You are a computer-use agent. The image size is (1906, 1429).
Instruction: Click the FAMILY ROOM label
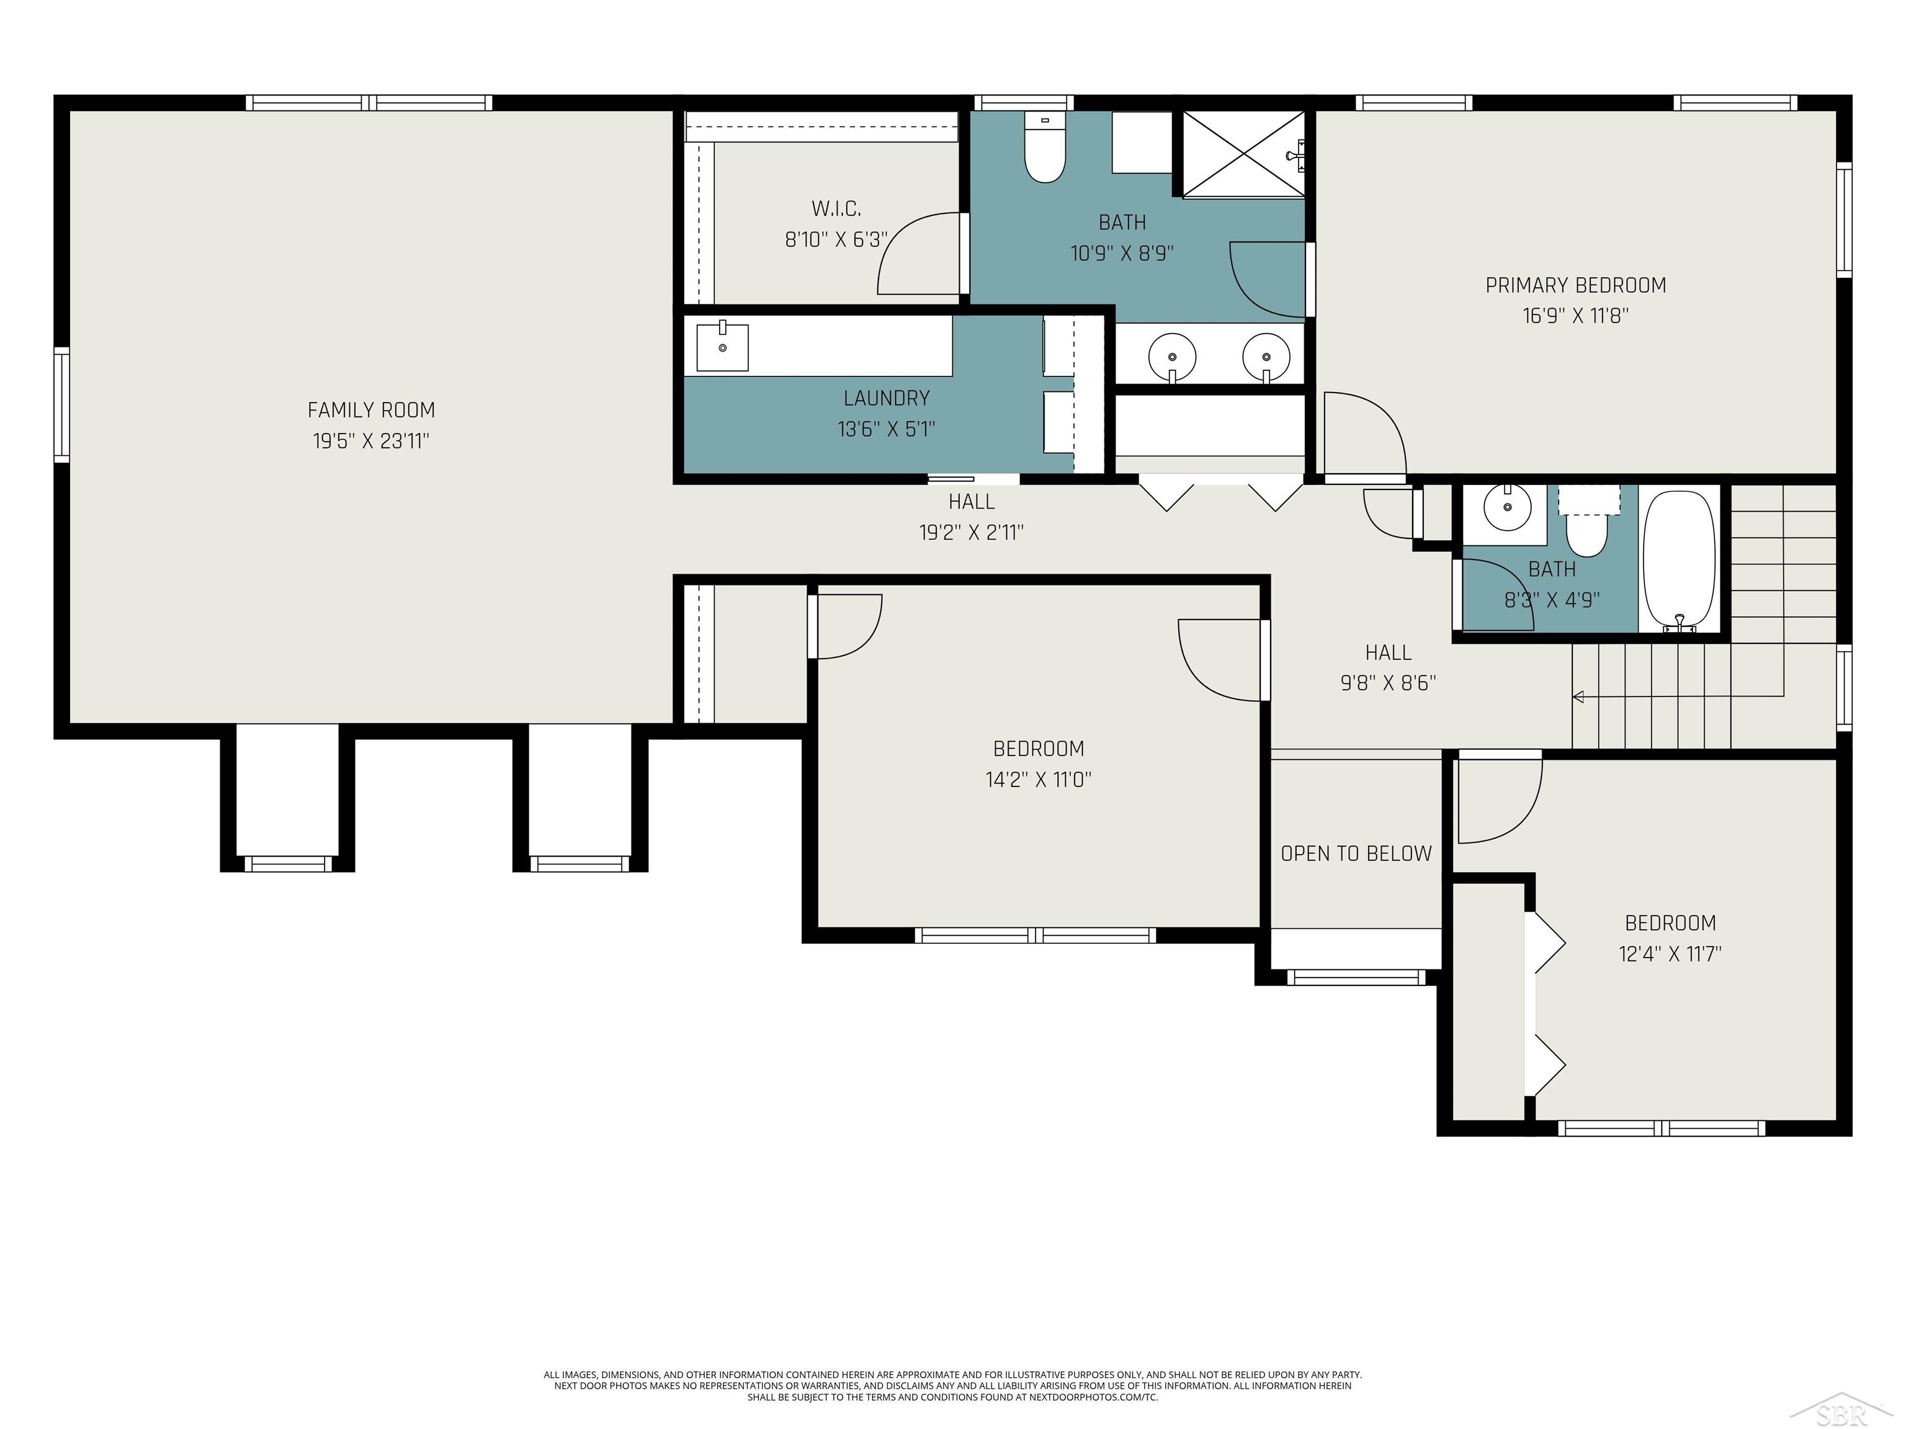pyautogui.click(x=372, y=410)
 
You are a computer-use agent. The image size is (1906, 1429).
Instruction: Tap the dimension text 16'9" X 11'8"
pyautogui.click(x=1575, y=315)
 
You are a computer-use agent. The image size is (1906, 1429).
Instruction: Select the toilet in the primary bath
pyautogui.click(x=1045, y=148)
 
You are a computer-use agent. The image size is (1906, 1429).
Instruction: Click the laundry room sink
pyautogui.click(x=722, y=346)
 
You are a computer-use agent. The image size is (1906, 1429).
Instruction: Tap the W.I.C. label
pyautogui.click(x=836, y=208)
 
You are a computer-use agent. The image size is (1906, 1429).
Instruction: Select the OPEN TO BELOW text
pyautogui.click(x=1356, y=853)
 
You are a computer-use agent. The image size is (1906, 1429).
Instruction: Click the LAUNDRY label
pyautogui.click(x=887, y=398)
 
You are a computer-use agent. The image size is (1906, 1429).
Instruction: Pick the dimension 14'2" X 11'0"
pyautogui.click(x=1038, y=780)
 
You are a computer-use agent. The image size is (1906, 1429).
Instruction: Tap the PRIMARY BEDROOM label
pyautogui.click(x=1575, y=285)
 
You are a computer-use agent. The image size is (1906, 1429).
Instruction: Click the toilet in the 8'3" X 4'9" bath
pyautogui.click(x=1587, y=525)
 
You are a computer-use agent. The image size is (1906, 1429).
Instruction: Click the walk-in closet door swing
pyautogui.click(x=918, y=253)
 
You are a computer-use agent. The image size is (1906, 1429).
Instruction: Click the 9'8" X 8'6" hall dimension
pyautogui.click(x=1388, y=683)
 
